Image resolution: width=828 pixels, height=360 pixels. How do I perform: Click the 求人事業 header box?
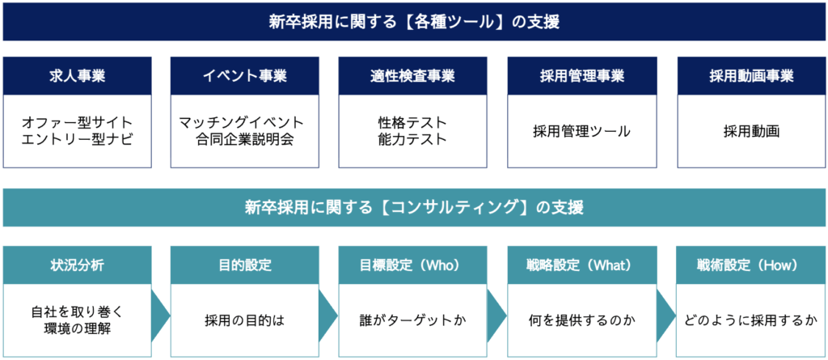pos(77,75)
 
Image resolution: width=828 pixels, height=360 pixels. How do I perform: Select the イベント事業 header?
pos(244,75)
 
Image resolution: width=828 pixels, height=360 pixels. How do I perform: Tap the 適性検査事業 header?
pos(412,75)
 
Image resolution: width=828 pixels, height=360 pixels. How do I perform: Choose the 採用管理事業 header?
pos(582,75)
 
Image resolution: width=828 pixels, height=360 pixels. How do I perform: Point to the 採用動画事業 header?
pos(751,75)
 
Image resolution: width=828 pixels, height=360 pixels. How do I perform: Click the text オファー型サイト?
pos(77,123)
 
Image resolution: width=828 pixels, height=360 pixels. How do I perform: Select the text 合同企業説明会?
pos(244,140)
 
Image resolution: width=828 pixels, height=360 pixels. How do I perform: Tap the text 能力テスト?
pos(412,140)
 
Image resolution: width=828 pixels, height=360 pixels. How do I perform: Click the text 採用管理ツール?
pos(582,131)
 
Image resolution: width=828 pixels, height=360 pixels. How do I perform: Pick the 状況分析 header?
pos(77,265)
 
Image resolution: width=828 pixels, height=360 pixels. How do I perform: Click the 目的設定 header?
pos(244,265)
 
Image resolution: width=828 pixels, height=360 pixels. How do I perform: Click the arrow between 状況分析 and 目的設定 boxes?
pos(161,316)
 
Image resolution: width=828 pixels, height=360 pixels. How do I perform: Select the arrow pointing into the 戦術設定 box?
pos(666,316)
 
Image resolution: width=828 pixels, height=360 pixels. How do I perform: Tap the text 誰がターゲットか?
pos(412,320)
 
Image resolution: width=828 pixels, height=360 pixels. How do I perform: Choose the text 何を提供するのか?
pos(582,320)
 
